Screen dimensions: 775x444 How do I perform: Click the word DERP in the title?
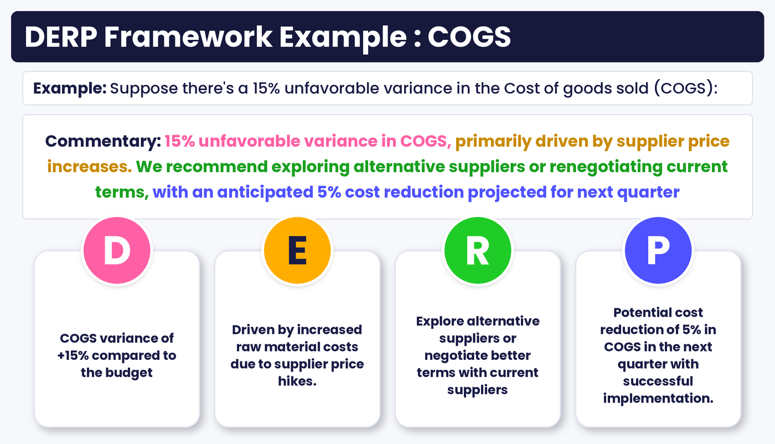click(61, 37)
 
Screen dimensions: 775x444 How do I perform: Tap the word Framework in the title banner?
click(188, 37)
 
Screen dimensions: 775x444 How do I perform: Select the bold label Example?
click(70, 89)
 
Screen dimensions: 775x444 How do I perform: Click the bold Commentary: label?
click(103, 141)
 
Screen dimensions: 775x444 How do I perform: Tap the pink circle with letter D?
click(117, 250)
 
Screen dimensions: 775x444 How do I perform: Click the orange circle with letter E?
click(297, 250)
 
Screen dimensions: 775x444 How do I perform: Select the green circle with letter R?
click(478, 250)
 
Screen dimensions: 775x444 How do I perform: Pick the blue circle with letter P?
click(658, 250)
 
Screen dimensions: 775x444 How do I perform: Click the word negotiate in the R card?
click(457, 356)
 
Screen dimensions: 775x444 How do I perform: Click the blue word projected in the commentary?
click(507, 193)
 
